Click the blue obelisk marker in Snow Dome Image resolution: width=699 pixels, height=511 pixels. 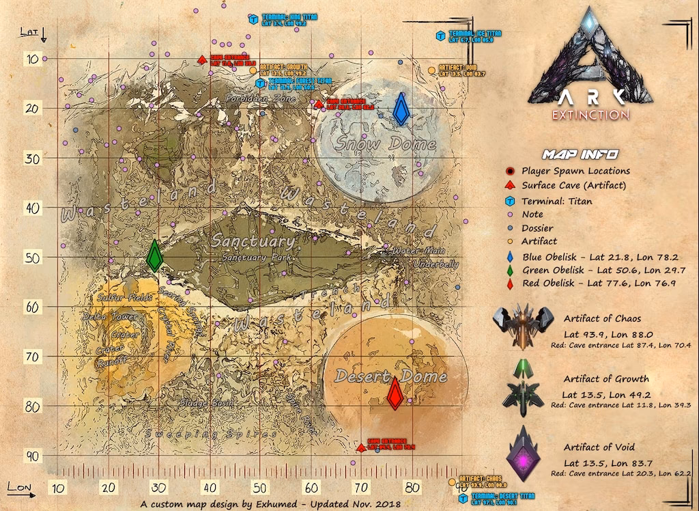pos(401,109)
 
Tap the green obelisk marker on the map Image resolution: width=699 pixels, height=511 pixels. pos(155,255)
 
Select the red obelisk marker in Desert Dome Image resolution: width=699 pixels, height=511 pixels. pos(394,393)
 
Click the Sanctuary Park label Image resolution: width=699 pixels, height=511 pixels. pos(255,258)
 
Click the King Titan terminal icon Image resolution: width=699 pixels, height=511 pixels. pos(253,19)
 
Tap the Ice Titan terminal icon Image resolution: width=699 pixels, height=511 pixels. pos(442,36)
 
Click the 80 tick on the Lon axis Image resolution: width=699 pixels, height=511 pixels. pos(411,488)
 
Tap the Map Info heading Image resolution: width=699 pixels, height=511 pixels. pos(580,154)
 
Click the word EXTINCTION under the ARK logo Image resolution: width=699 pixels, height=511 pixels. pos(590,114)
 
